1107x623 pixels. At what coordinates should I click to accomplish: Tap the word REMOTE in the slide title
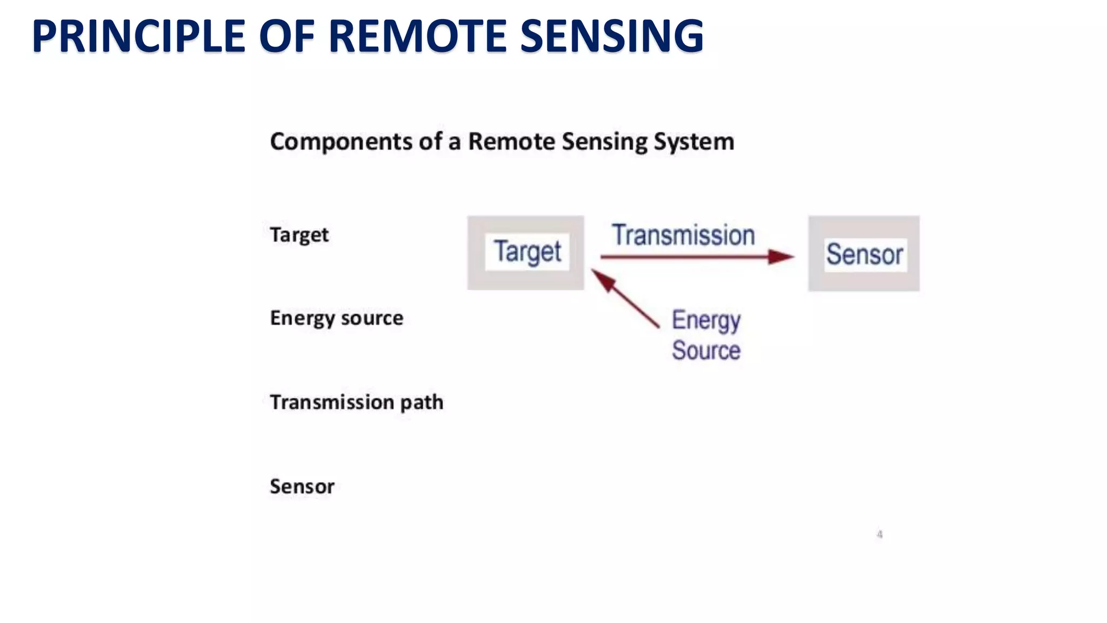coord(417,36)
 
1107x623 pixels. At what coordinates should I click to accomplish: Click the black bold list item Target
coord(299,235)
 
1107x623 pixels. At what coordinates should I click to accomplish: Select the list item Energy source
coord(336,318)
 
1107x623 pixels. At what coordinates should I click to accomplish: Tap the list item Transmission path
coord(356,402)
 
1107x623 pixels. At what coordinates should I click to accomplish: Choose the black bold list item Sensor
coord(302,487)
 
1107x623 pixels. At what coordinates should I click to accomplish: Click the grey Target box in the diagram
coord(525,253)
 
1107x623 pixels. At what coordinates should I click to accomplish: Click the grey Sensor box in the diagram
coord(864,254)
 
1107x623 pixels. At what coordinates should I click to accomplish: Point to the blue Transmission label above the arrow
coord(683,235)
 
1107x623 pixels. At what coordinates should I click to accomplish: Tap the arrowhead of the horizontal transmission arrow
coord(782,257)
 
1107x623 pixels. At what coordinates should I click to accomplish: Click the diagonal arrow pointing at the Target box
coord(625,299)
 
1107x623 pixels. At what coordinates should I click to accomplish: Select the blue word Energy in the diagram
coord(706,320)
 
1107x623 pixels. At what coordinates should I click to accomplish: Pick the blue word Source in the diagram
coord(706,350)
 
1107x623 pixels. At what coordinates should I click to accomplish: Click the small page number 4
coord(879,534)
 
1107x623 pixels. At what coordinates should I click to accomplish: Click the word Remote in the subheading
coord(511,142)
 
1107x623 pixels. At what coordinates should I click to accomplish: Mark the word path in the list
coord(422,402)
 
